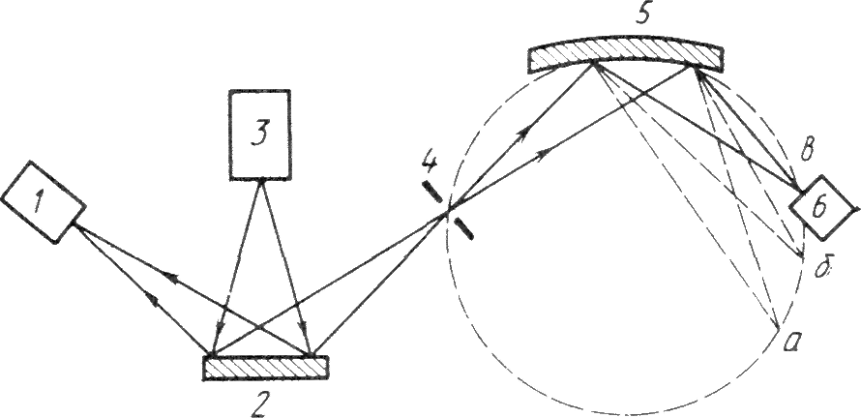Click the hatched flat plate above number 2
tap(265, 366)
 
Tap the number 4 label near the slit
tap(429, 163)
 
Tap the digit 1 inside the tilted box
tap(38, 203)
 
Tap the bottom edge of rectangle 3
tap(260, 178)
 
